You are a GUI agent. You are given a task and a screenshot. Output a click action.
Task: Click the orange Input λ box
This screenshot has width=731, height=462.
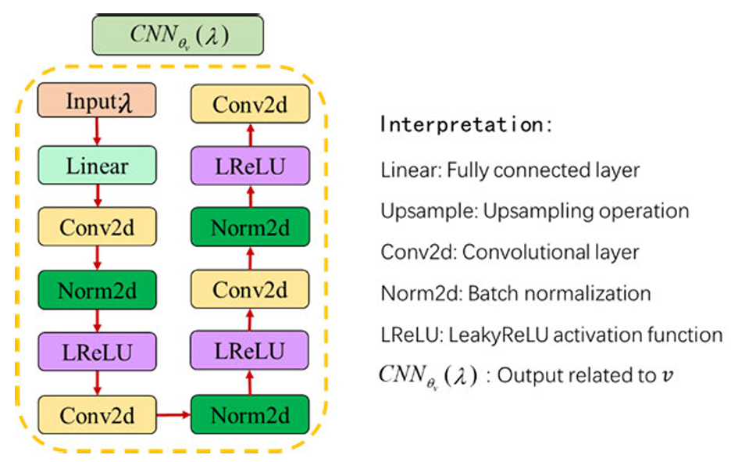(x=97, y=102)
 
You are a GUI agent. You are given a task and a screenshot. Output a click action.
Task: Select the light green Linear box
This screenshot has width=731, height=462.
(x=97, y=165)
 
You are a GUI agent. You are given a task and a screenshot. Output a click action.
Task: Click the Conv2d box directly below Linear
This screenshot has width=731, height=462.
(x=97, y=228)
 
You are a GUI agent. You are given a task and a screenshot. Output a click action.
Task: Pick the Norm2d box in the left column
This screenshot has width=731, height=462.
(x=97, y=291)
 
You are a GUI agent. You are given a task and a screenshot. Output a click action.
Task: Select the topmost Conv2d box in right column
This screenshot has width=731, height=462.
(x=251, y=102)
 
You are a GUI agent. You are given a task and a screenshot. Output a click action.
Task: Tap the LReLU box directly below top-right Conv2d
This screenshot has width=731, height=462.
(x=251, y=165)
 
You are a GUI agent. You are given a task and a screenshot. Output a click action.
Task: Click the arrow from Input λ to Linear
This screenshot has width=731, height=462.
(x=97, y=132)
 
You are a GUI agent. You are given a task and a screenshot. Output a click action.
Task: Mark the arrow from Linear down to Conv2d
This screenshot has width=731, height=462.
(x=97, y=195)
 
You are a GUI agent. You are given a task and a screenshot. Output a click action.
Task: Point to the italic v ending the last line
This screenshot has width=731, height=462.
(x=665, y=376)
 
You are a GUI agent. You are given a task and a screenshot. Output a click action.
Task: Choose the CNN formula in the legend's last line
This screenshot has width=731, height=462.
(x=426, y=376)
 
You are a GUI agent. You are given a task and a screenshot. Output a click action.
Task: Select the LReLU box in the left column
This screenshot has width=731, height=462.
(x=97, y=352)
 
